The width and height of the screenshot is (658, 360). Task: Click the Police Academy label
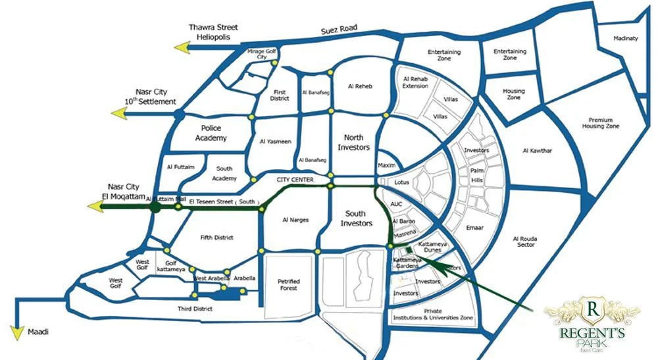211,134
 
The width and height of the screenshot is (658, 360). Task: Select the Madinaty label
626,38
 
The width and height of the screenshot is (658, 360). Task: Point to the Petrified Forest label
289,284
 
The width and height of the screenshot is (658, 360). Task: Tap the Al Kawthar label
537,151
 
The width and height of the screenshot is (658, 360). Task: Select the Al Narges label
295,220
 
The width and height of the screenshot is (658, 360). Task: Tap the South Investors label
355,219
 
